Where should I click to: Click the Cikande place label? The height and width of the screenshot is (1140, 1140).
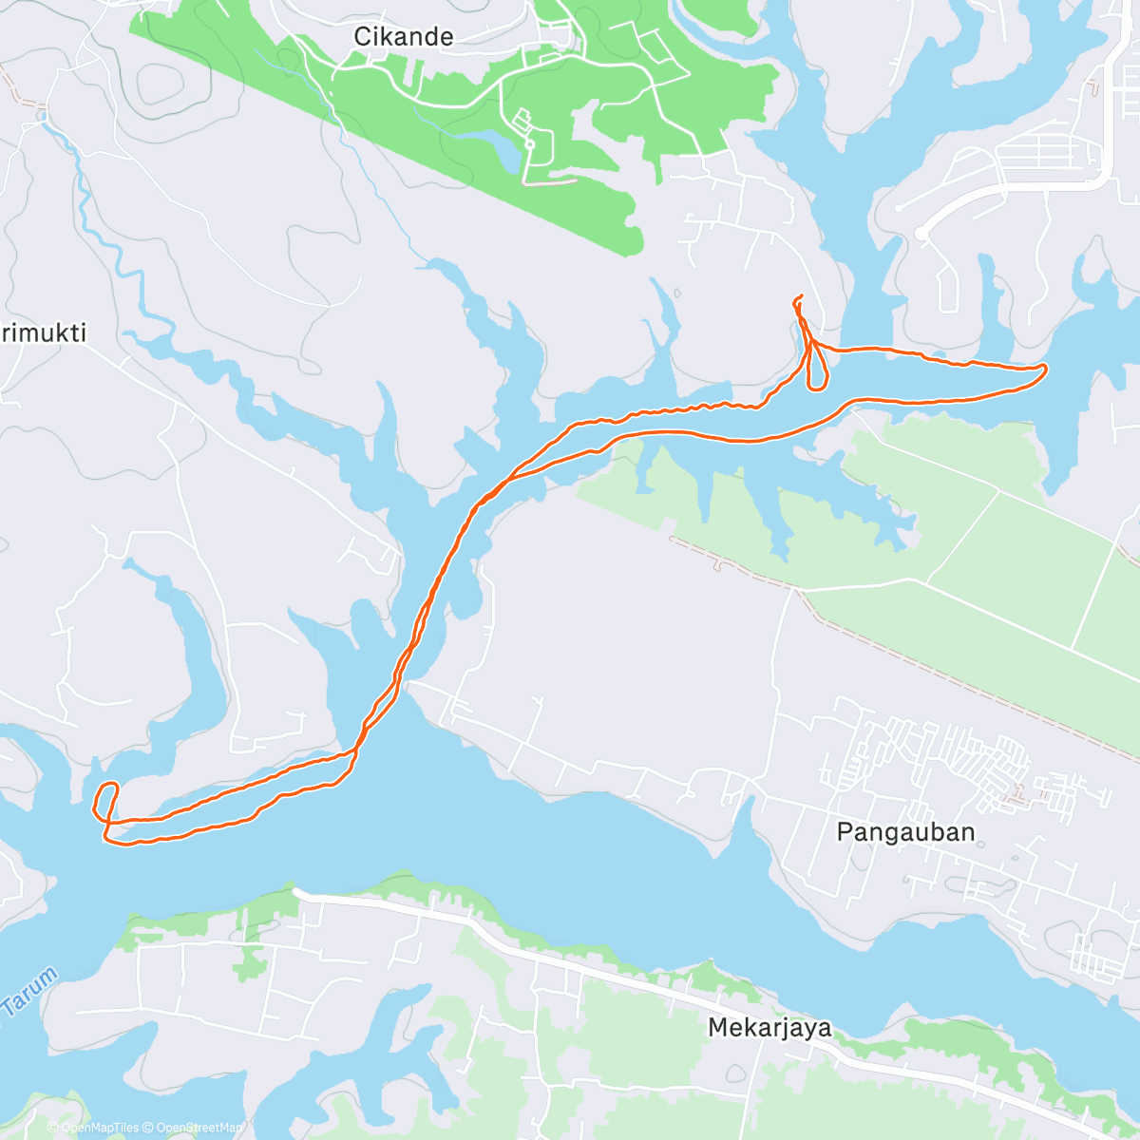403,37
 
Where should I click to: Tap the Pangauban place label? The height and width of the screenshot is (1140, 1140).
905,832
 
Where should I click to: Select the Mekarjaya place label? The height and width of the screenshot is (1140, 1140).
769,1027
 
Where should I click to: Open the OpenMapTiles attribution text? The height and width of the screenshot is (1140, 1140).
93,1128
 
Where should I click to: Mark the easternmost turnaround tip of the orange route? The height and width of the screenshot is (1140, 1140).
1046,367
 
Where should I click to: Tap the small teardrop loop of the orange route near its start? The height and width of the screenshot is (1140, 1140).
816,371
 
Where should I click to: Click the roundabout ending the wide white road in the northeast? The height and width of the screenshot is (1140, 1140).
921,233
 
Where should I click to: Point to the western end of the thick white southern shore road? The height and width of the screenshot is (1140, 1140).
297,893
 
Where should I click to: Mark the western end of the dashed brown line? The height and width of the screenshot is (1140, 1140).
672,540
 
